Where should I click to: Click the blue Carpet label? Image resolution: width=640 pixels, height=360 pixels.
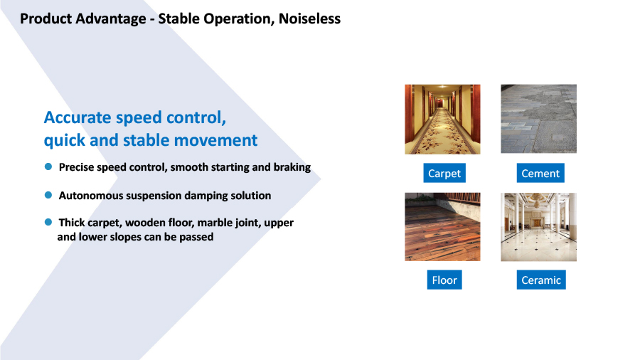(x=444, y=173)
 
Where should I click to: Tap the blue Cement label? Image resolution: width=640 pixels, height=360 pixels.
(x=540, y=173)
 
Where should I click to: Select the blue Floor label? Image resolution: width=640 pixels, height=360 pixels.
(x=444, y=280)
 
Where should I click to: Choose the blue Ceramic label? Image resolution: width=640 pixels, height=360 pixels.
(x=541, y=280)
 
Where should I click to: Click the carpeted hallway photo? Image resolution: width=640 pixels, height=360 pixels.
(x=442, y=120)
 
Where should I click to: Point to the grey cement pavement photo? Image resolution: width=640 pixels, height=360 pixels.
(x=539, y=119)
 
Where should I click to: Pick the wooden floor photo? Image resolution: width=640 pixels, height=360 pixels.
(x=442, y=226)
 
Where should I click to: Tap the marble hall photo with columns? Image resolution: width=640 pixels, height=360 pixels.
(x=539, y=227)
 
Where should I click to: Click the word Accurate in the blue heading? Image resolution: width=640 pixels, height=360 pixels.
(x=78, y=117)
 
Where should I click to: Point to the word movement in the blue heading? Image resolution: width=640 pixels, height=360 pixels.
(x=215, y=140)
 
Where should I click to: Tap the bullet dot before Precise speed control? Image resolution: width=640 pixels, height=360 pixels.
(x=48, y=166)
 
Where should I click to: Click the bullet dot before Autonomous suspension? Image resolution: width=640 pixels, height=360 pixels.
(x=48, y=195)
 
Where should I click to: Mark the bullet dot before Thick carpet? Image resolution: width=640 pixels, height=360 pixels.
(x=48, y=222)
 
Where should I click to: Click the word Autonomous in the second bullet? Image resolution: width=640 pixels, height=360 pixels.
(x=91, y=196)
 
